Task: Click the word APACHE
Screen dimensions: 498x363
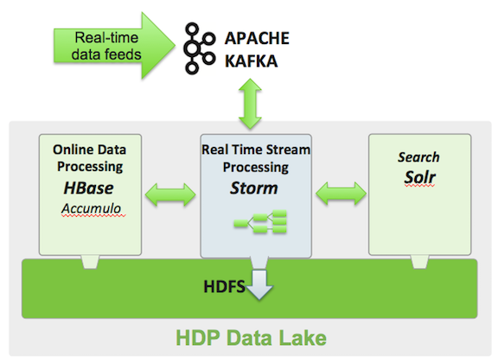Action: (x=257, y=38)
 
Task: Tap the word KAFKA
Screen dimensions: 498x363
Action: (x=252, y=61)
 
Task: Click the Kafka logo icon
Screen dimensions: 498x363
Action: (x=200, y=48)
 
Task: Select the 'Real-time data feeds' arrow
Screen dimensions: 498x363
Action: (x=114, y=46)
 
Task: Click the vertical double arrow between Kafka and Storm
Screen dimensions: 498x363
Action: (x=250, y=104)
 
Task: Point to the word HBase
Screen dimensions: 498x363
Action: (x=88, y=188)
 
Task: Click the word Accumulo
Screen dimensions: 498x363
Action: (x=91, y=208)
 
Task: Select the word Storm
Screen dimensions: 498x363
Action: (x=254, y=188)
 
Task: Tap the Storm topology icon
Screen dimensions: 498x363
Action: (x=260, y=221)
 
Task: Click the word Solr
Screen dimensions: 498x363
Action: (x=419, y=177)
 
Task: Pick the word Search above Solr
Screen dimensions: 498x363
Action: (x=418, y=157)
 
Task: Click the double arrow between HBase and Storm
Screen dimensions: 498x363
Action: (x=170, y=194)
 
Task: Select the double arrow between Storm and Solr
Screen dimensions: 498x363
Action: (x=342, y=194)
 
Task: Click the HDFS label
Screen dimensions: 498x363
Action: (x=224, y=286)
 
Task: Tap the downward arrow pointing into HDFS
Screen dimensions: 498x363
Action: (x=259, y=284)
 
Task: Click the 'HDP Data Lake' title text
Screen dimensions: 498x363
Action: (x=251, y=338)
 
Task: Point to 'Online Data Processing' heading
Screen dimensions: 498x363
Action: (x=90, y=158)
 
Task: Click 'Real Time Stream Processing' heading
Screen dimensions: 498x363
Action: (x=256, y=158)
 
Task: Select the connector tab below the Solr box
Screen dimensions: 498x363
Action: (x=419, y=262)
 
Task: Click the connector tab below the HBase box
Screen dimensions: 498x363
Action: (x=90, y=262)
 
